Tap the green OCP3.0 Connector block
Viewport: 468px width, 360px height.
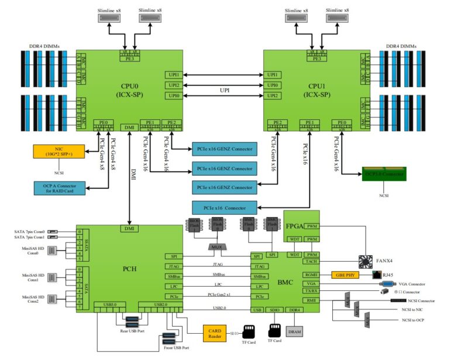point(383,174)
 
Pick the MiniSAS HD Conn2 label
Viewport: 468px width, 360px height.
point(33,300)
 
